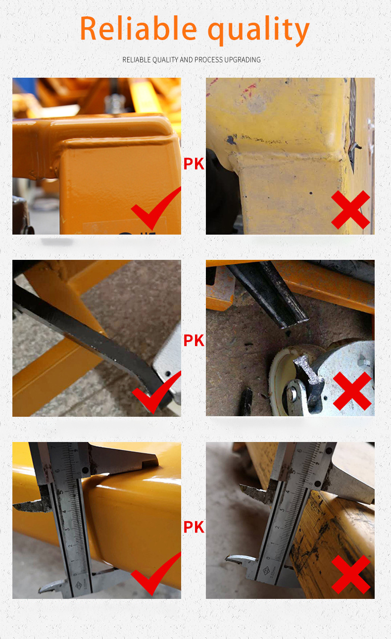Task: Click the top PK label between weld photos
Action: (x=194, y=164)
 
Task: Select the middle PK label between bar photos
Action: (x=194, y=341)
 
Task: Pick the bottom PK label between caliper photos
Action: (x=194, y=527)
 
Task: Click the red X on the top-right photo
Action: (x=350, y=210)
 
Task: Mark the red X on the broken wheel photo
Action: (x=352, y=391)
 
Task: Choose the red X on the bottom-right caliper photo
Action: (x=350, y=574)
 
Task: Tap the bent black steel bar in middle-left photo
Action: (x=89, y=337)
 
